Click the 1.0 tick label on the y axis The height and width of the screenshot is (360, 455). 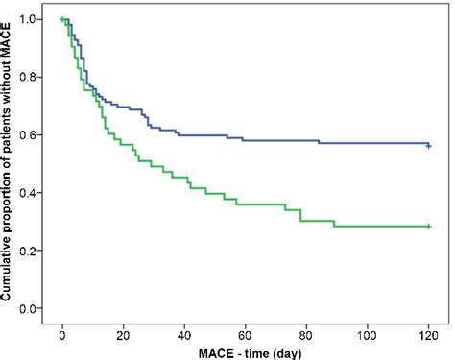[x=34, y=19]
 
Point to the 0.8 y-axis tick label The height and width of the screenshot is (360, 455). [x=34, y=77]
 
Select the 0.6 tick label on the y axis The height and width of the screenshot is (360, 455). [x=34, y=135]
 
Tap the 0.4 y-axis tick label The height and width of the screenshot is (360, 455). [x=34, y=193]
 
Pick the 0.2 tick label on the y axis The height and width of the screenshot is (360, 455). [x=34, y=251]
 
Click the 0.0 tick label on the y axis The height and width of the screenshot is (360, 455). [x=34, y=309]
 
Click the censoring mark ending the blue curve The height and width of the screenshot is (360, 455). [x=429, y=146]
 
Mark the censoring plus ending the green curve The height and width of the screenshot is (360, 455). [x=429, y=227]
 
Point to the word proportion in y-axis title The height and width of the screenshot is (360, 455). [x=9, y=198]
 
